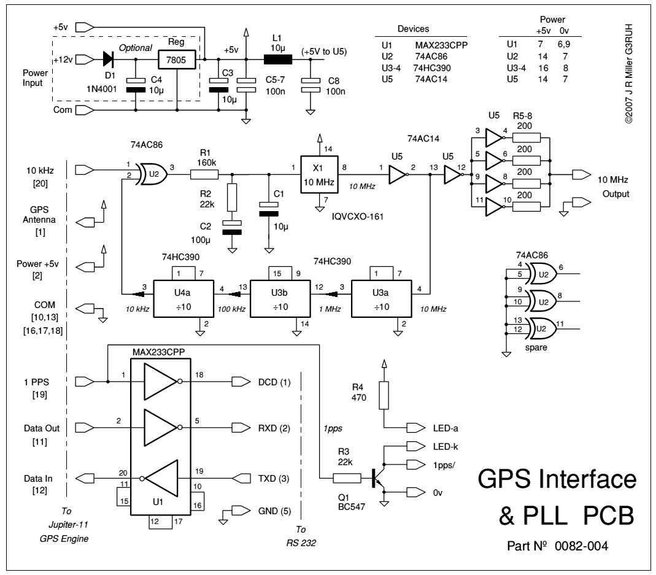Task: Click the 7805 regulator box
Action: point(176,60)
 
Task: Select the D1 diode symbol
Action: point(109,59)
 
